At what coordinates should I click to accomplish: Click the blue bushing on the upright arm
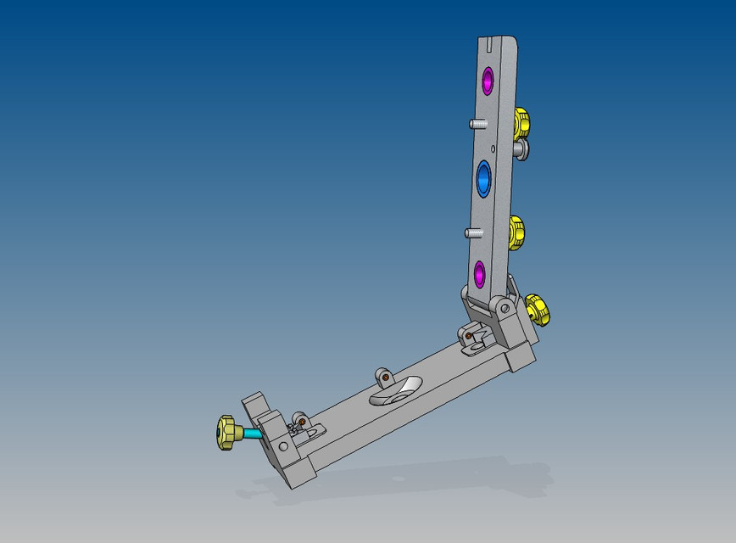pyautogui.click(x=484, y=179)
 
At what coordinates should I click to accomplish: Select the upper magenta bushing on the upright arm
pyautogui.click(x=488, y=81)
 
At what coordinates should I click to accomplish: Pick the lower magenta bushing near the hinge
pyautogui.click(x=479, y=273)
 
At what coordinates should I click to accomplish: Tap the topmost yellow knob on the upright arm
pyautogui.click(x=521, y=123)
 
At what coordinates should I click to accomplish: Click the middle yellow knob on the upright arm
pyautogui.click(x=516, y=232)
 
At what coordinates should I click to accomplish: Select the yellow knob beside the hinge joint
pyautogui.click(x=537, y=310)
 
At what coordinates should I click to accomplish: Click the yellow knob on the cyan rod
pyautogui.click(x=226, y=433)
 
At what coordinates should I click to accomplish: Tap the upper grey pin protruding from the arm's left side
pyautogui.click(x=477, y=124)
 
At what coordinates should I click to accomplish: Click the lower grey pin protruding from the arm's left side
pyautogui.click(x=471, y=232)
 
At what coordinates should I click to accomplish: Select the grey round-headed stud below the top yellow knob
pyautogui.click(x=521, y=151)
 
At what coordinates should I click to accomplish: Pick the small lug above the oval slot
pyautogui.click(x=384, y=374)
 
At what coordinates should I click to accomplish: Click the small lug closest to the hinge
pyautogui.click(x=469, y=337)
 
